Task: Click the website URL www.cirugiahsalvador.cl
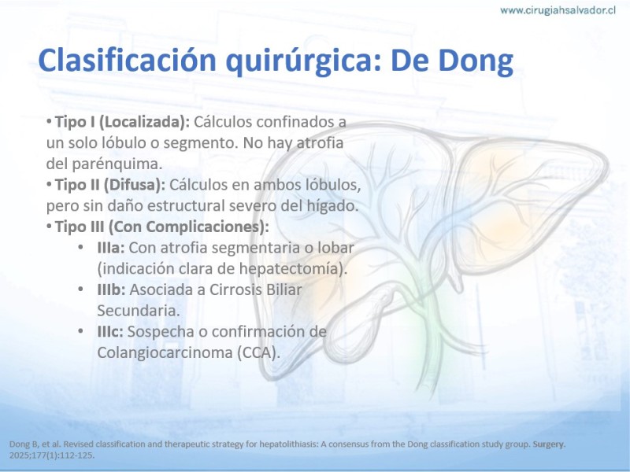coord(558,10)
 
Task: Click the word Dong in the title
coord(476,61)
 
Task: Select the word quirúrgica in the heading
coord(303,61)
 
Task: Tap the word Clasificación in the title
coord(127,60)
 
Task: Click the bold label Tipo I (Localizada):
coord(122,122)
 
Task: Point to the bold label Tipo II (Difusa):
coord(110,185)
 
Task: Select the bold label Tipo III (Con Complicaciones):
coord(162,227)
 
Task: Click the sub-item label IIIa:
coord(111,248)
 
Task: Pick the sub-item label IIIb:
coord(112,289)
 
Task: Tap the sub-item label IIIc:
coord(110,331)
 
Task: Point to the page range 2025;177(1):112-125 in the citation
coord(51,455)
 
